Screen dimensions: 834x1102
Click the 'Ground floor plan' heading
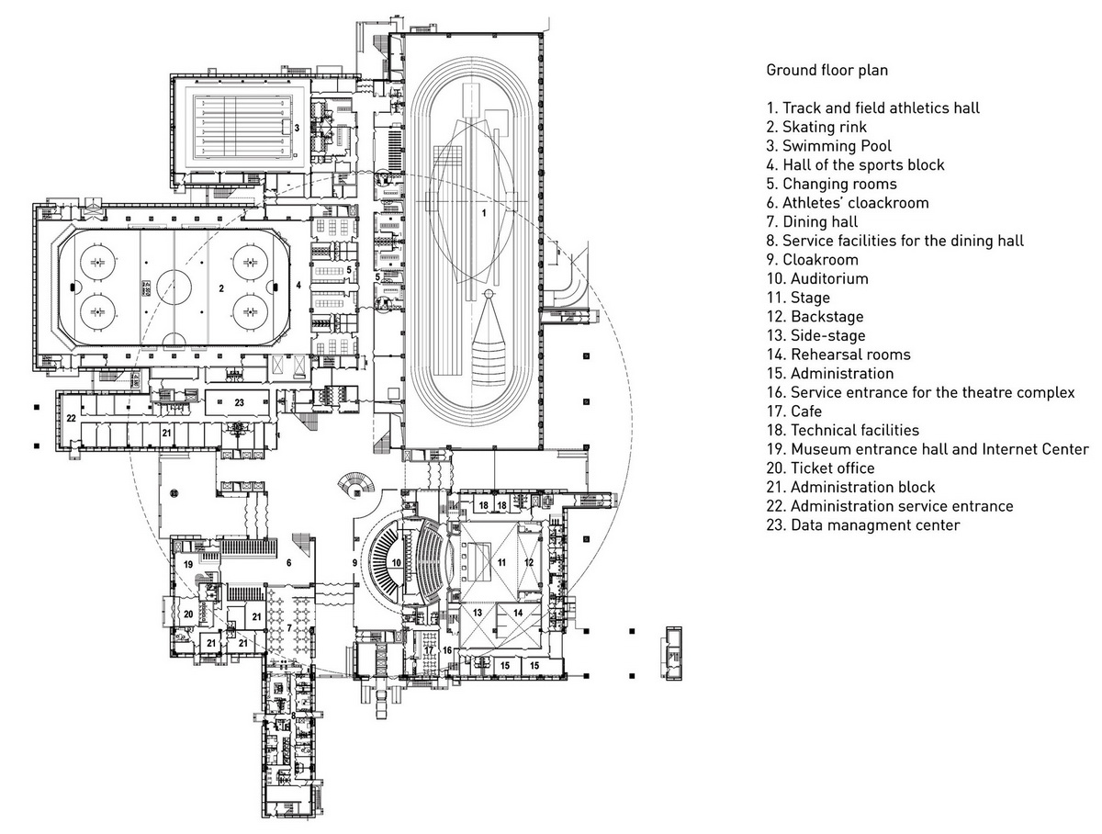coord(826,70)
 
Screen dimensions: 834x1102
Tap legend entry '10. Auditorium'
coord(817,278)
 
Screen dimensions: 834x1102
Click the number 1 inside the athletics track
coord(484,212)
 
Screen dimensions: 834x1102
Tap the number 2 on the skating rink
coord(221,288)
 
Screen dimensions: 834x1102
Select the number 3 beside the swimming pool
coord(297,128)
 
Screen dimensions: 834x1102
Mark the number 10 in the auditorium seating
coord(397,562)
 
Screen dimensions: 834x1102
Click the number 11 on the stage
coord(501,561)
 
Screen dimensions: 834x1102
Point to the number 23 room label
coord(239,402)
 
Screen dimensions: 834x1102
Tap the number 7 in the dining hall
coord(289,627)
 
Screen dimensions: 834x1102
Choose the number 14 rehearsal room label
coord(517,612)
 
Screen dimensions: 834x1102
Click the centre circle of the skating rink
coord(172,286)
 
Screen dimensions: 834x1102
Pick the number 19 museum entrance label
coord(187,564)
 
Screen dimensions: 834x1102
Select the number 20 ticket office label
coord(187,614)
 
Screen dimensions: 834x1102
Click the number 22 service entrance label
coord(71,418)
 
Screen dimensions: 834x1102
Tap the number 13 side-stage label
coord(478,612)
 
